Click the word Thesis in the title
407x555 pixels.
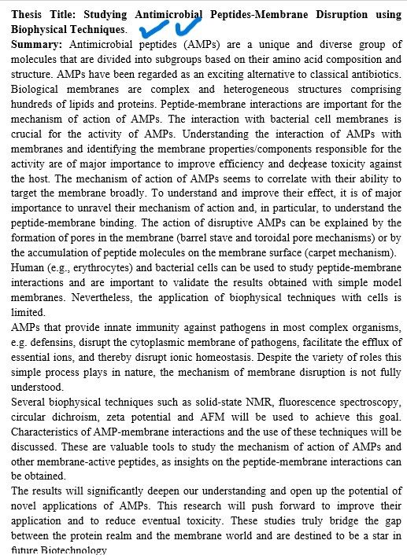(x=28, y=15)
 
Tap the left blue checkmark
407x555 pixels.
(x=150, y=30)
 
